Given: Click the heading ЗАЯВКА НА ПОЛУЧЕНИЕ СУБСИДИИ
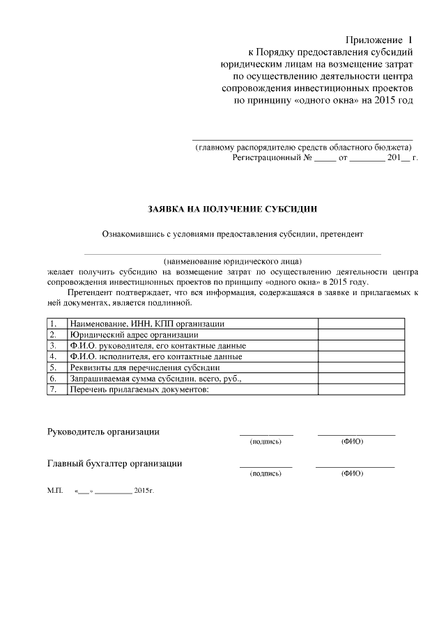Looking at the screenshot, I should [232, 208].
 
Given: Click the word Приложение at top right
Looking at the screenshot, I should [376, 40].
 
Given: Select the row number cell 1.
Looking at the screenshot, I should [56, 324].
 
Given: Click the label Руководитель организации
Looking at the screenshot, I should [103, 432].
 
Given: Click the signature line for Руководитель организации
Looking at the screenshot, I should [266, 434].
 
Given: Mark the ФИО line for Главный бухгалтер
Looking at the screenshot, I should [355, 466].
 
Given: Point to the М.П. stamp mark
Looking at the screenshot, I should [55, 491].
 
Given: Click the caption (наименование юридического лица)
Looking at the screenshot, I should [232, 260].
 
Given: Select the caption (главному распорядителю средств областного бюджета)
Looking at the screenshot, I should [303, 147].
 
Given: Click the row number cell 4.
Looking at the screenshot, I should [56, 356].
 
